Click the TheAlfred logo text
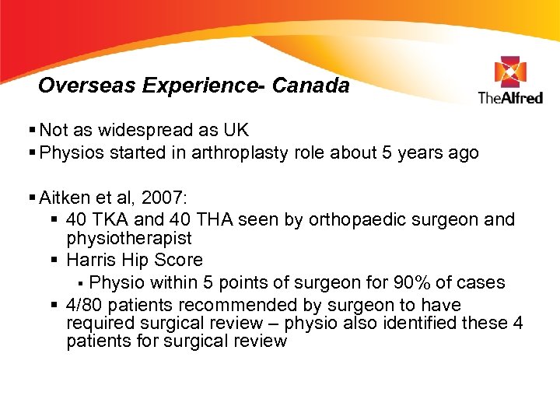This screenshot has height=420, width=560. (510, 97)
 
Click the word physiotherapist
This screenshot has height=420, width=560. (129, 239)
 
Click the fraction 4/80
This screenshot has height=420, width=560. (87, 304)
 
